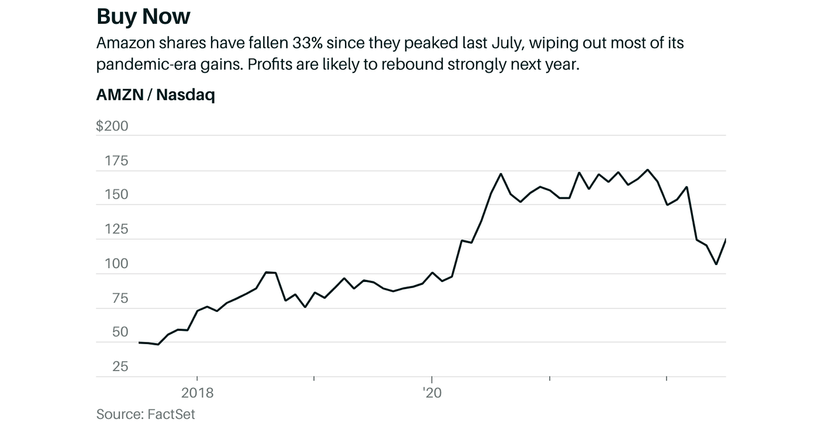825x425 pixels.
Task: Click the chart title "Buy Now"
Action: pyautogui.click(x=143, y=16)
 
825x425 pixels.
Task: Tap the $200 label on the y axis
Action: pyautogui.click(x=112, y=126)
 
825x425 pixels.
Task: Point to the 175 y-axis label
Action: pyautogui.click(x=116, y=161)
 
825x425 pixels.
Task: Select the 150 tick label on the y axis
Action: pyautogui.click(x=116, y=195)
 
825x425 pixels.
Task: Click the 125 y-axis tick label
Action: pyautogui.click(x=116, y=229)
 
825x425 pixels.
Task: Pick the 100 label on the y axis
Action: pyautogui.click(x=116, y=264)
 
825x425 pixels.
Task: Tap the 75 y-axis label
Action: pyautogui.click(x=120, y=298)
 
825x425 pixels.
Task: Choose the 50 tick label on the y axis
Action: pyautogui.click(x=120, y=332)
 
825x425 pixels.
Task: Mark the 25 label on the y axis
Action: pyautogui.click(x=120, y=366)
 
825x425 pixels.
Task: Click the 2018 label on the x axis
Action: pyautogui.click(x=197, y=393)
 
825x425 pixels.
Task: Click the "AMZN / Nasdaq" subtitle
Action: pyautogui.click(x=155, y=95)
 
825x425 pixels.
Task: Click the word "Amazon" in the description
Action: pyautogui.click(x=123, y=43)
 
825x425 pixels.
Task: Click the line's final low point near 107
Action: pyautogui.click(x=716, y=264)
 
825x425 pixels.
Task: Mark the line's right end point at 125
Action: pyautogui.click(x=725, y=239)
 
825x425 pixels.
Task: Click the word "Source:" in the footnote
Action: pyautogui.click(x=120, y=414)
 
